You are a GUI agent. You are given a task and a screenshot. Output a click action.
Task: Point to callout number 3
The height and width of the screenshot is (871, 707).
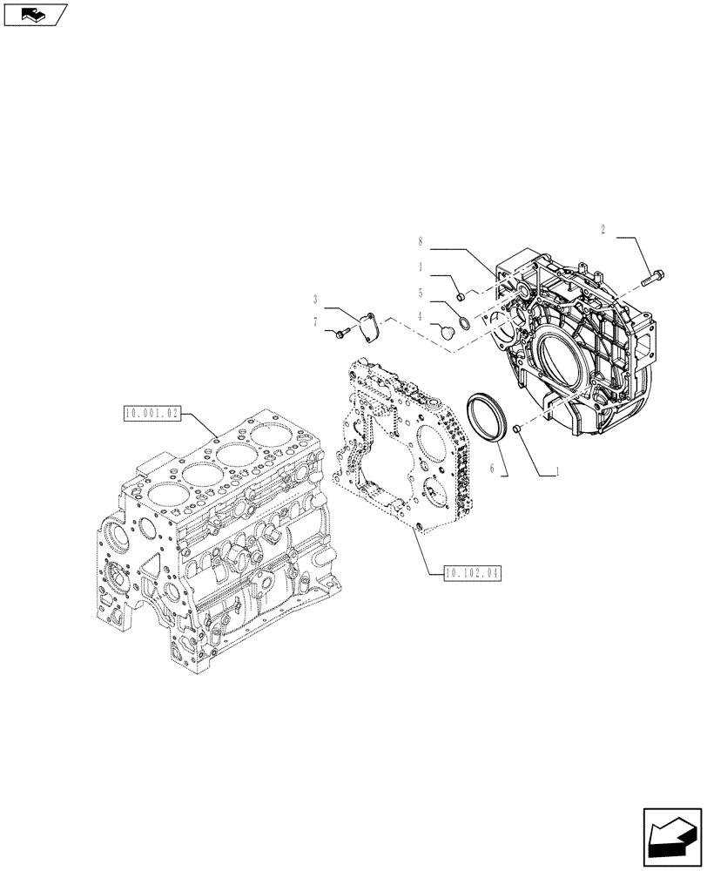click(316, 299)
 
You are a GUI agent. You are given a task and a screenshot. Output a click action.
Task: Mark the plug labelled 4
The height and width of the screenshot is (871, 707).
click(448, 331)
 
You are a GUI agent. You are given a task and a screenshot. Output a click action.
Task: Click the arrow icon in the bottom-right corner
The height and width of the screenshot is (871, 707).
click(670, 835)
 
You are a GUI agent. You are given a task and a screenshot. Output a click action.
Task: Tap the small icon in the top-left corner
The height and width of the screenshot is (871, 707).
click(35, 13)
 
